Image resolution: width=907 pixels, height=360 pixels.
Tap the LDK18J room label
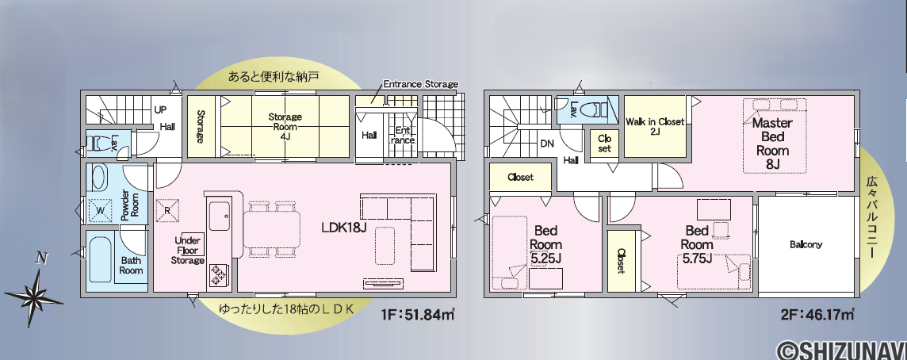click(x=344, y=228)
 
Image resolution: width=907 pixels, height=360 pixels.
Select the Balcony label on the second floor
click(x=806, y=245)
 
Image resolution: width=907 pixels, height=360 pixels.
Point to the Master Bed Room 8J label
click(x=772, y=144)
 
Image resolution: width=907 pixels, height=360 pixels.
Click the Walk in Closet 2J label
click(x=655, y=126)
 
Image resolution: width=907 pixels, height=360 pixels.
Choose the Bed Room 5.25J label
click(x=545, y=244)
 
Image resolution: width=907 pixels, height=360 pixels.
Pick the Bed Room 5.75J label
click(x=696, y=244)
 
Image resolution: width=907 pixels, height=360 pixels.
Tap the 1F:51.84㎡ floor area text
click(x=417, y=315)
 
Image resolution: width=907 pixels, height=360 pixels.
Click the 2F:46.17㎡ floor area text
click(x=817, y=315)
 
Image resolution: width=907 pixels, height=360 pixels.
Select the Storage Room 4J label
click(x=285, y=127)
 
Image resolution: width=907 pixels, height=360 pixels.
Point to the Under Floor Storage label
click(x=187, y=251)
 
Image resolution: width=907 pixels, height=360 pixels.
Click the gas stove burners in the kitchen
click(x=220, y=274)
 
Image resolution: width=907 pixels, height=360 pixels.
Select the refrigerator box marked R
click(x=167, y=211)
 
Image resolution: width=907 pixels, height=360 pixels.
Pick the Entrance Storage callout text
click(x=420, y=84)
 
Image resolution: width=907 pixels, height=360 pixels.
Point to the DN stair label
click(x=547, y=144)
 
